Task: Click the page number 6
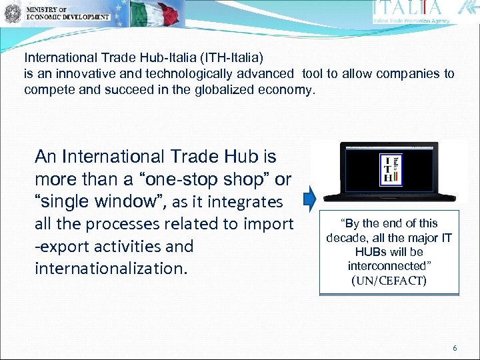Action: click(x=455, y=348)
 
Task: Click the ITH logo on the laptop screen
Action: click(x=390, y=169)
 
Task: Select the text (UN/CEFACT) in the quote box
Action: click(x=389, y=281)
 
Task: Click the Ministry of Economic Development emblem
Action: click(x=12, y=13)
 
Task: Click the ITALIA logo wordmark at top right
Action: click(x=408, y=9)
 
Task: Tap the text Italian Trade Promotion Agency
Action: click(x=411, y=21)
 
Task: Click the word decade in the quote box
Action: click(x=349, y=237)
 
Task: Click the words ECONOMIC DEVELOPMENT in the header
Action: click(x=68, y=16)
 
